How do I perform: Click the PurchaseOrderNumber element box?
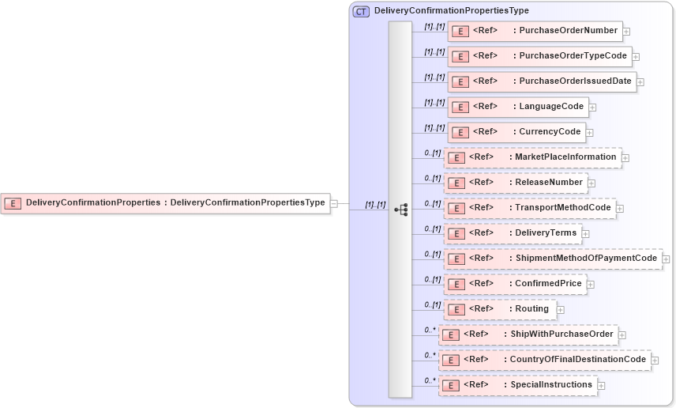tap(535, 31)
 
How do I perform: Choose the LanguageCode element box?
tap(517, 107)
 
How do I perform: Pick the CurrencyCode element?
tap(516, 132)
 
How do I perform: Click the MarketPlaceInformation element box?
tap(532, 157)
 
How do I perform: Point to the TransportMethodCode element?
tap(529, 208)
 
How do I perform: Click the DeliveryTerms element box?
tap(513, 233)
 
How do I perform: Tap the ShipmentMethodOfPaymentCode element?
tap(552, 259)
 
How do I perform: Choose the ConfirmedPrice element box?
tap(515, 284)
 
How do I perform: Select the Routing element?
tap(500, 309)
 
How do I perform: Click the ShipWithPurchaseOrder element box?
tap(528, 334)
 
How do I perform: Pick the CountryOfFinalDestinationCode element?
tap(544, 360)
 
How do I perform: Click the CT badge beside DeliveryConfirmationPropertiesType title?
tap(361, 11)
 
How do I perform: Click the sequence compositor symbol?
tap(401, 210)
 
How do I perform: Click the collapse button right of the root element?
tap(334, 203)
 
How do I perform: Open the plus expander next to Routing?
tap(561, 310)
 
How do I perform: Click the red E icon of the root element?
tap(13, 203)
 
